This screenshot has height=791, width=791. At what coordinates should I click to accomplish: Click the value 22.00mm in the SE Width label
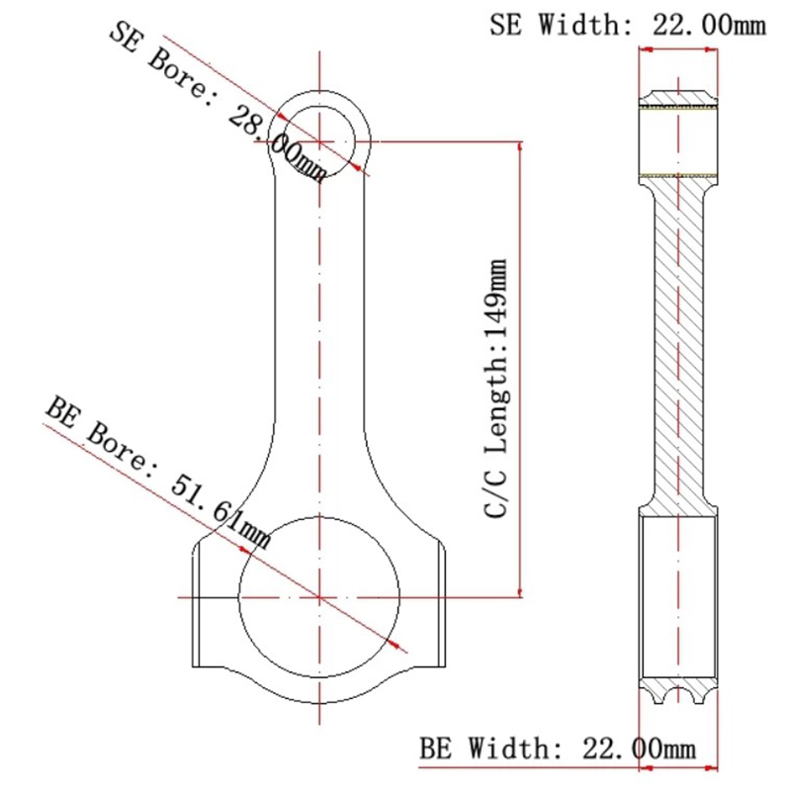(709, 24)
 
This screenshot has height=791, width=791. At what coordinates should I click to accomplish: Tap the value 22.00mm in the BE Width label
(639, 748)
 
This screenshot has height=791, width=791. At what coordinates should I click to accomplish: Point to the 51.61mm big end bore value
(220, 512)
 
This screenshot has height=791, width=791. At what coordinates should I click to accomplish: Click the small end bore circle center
(319, 141)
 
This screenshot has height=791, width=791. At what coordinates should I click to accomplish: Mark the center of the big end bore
(319, 597)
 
